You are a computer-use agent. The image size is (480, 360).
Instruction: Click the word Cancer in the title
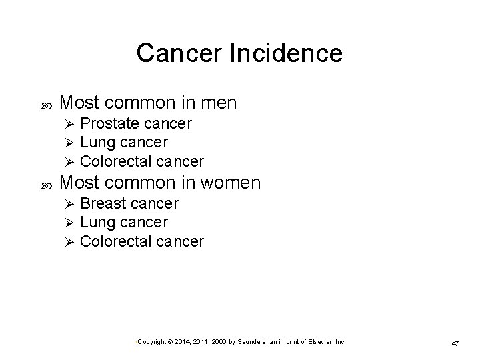click(x=169, y=53)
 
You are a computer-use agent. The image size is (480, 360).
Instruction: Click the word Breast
click(x=103, y=203)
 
